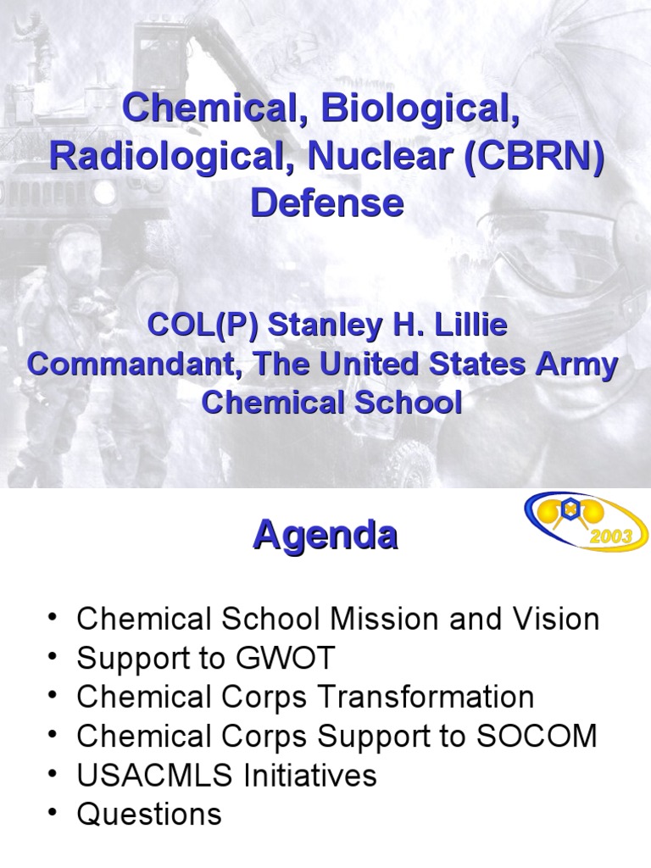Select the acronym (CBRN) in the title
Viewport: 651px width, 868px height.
pos(532,156)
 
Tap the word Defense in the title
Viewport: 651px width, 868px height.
pos(325,203)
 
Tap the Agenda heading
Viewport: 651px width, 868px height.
pos(325,536)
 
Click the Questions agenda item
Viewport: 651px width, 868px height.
pos(149,815)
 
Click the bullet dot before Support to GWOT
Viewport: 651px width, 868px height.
pos(55,658)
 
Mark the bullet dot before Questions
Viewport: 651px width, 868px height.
pos(55,815)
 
